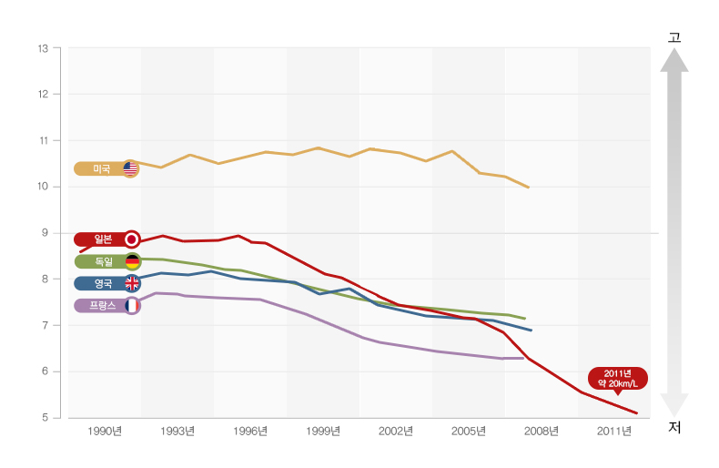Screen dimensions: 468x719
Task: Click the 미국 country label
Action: (101, 168)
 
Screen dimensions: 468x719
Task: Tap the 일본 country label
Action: (102, 239)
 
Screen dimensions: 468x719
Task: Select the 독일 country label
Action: (102, 261)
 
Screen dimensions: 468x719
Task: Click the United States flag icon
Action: (130, 168)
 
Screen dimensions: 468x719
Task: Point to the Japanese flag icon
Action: (132, 239)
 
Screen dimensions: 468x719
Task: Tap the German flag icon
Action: (132, 261)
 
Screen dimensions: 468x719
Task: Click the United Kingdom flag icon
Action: (132, 283)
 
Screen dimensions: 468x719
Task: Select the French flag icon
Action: (132, 306)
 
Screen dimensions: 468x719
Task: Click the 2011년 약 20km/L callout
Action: (618, 378)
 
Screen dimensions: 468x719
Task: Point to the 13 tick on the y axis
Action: (42, 47)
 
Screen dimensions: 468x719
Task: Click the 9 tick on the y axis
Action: (44, 233)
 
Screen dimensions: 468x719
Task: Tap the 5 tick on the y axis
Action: (44, 418)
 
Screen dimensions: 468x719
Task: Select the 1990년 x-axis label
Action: (105, 431)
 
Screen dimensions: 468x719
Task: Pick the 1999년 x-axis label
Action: (323, 431)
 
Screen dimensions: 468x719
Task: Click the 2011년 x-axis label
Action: (614, 431)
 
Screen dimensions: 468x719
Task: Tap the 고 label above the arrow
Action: (674, 37)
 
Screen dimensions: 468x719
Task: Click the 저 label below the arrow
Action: (674, 427)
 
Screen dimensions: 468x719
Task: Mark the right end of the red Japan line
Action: (637, 413)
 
